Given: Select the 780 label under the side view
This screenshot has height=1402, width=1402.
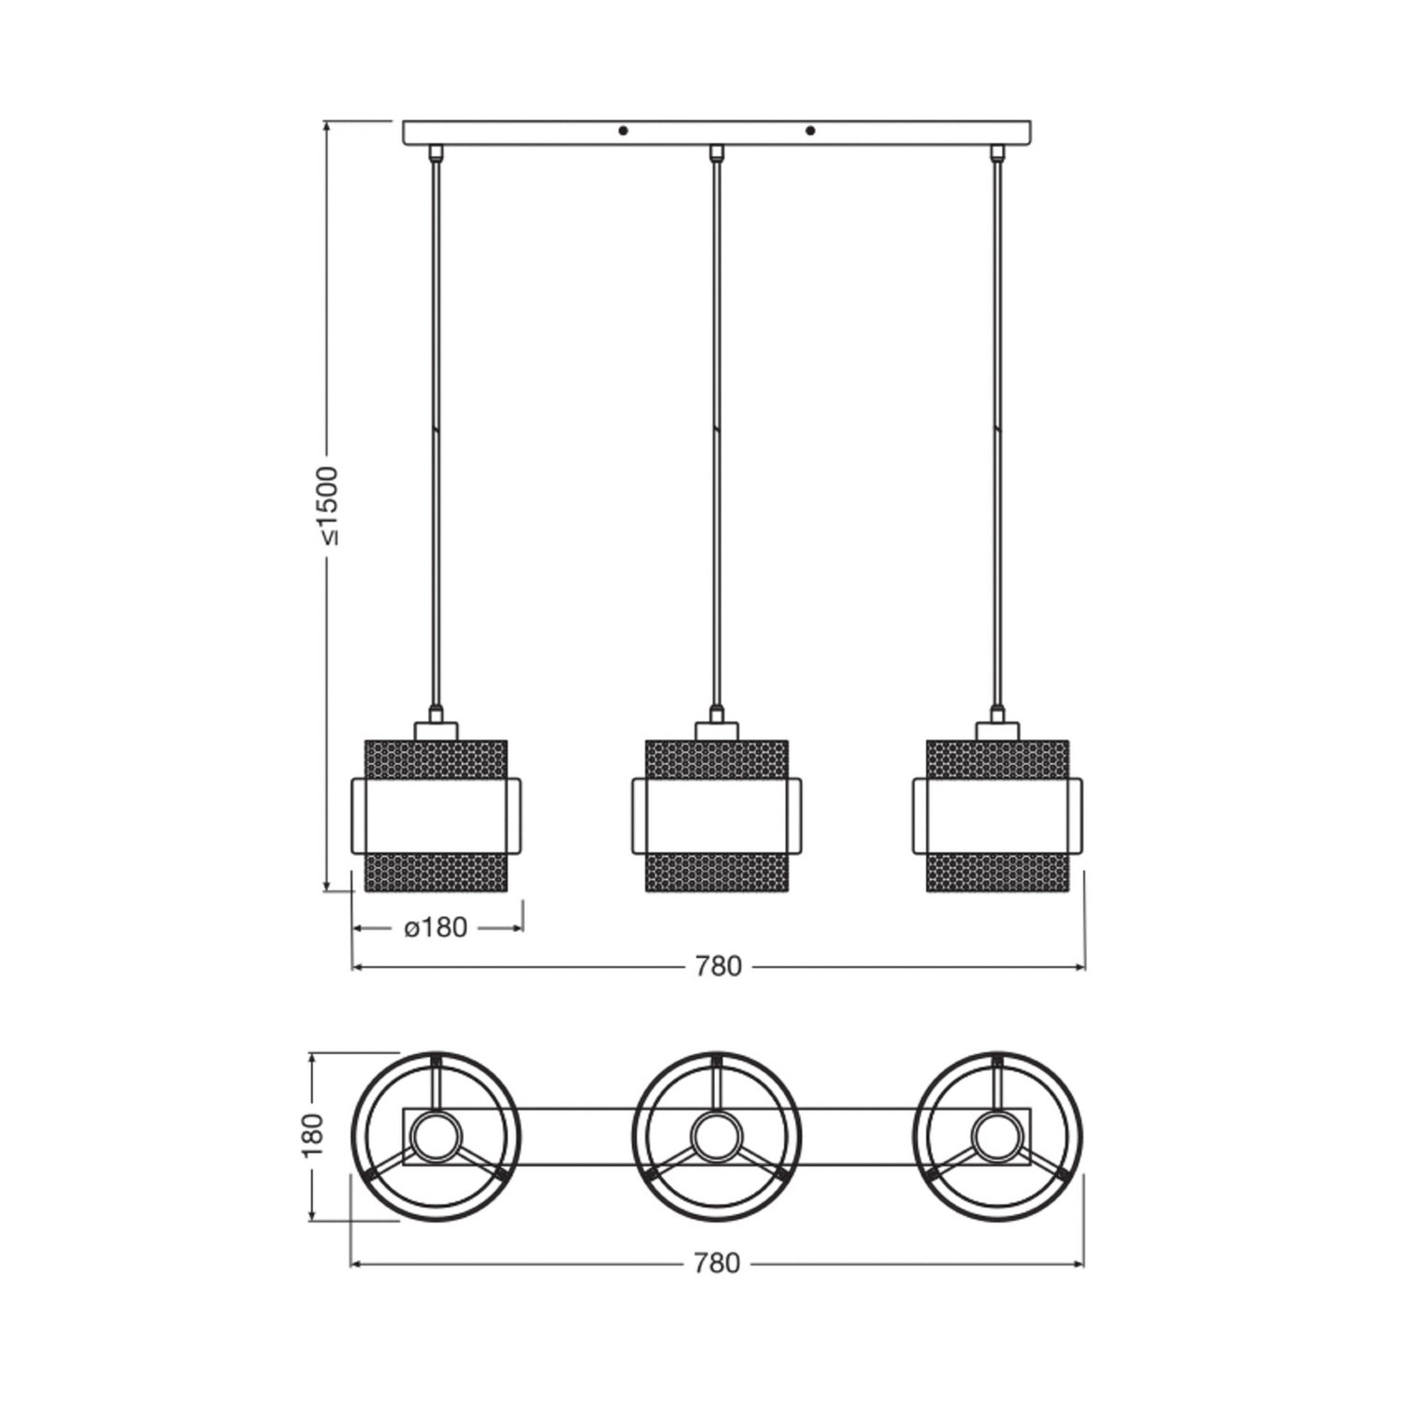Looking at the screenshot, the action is (718, 966).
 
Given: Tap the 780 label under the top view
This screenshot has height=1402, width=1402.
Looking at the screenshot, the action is (717, 1264).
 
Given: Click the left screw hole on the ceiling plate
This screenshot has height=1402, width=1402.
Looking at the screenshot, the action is (624, 131).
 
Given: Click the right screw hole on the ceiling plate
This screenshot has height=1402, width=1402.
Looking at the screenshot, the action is (810, 131).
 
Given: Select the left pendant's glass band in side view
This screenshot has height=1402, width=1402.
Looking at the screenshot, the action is (436, 815).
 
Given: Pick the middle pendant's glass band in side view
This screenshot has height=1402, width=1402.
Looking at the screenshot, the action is (717, 815).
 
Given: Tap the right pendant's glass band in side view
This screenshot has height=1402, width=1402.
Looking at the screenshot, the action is (997, 815).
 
